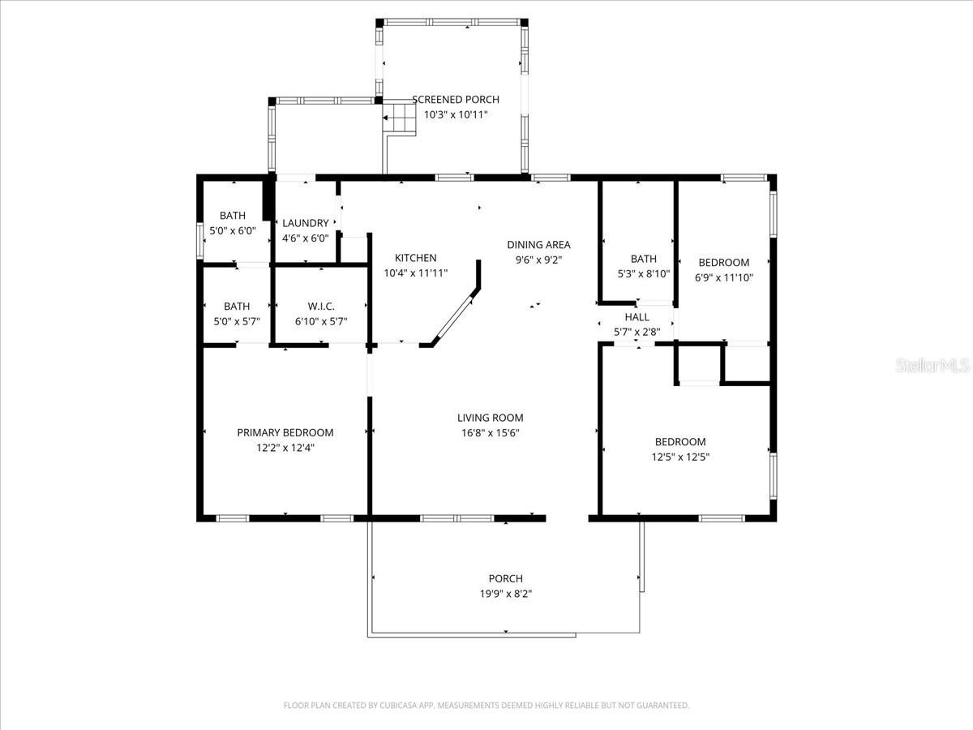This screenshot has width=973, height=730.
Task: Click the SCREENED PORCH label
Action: click(456, 100)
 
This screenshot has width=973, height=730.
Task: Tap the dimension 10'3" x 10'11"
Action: click(456, 114)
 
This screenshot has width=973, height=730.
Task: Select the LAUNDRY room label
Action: click(305, 223)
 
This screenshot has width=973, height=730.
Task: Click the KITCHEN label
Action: click(415, 258)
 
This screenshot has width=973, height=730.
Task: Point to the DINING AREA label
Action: click(538, 245)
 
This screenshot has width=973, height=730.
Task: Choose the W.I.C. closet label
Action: click(321, 306)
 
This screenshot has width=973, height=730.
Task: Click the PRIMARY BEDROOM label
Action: click(285, 432)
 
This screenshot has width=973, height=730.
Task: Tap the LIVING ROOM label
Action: click(490, 418)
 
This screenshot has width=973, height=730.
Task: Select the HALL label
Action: click(637, 317)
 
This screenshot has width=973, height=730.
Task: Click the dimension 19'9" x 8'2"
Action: click(505, 593)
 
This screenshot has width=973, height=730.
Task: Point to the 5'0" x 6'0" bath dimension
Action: click(233, 230)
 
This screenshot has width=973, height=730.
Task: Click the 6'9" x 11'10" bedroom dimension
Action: click(724, 277)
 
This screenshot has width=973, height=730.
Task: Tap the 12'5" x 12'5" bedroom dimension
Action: click(680, 456)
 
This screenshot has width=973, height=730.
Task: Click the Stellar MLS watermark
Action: click(932, 367)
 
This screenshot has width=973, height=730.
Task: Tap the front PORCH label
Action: click(505, 578)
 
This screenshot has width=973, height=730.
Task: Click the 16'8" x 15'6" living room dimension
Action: click(490, 432)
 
